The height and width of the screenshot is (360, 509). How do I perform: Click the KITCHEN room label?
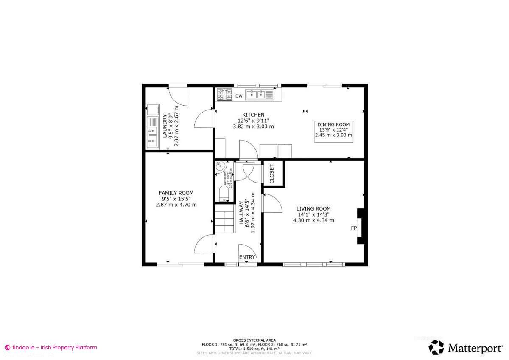pos(253,115)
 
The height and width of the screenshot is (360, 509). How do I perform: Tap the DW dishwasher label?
pos(239,96)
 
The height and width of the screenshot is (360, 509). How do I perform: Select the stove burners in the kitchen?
pos(224,94)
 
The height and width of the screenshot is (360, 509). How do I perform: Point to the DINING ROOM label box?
pos(333,129)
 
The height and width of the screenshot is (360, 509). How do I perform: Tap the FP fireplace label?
pos(353,228)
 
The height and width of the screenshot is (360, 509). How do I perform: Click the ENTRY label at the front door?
pos(247,257)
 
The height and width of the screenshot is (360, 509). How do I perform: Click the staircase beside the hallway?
pos(225,219)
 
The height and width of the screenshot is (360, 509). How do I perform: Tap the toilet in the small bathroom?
pos(224,194)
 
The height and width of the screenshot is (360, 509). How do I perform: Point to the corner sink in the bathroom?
pos(220,167)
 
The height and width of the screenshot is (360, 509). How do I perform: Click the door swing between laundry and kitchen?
pos(203,118)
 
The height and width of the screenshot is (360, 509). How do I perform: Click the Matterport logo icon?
pos(436,347)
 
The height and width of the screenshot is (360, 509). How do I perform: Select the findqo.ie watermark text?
pos(51,347)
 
